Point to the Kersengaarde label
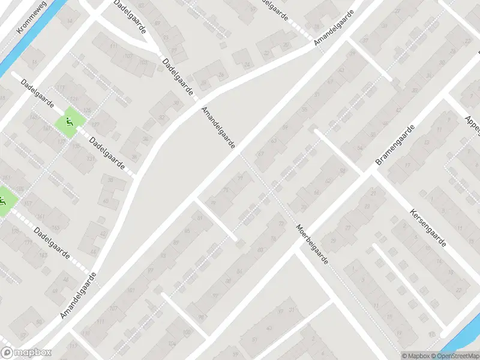(x=428, y=228)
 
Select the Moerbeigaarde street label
(x=312, y=246)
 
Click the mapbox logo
(x=25, y=353)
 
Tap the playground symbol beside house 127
(x=70, y=122)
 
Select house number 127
(x=95, y=125)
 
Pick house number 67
(x=260, y=155)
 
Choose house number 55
(x=304, y=109)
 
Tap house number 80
(x=259, y=250)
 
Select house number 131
(x=91, y=158)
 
